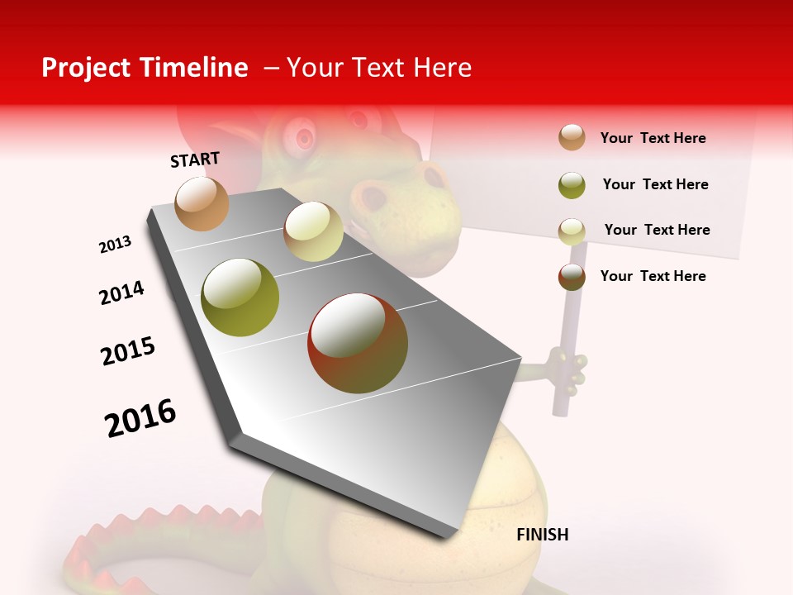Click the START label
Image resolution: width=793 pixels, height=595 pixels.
[195, 159]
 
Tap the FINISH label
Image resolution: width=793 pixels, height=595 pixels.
[542, 535]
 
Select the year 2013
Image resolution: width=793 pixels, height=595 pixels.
[115, 245]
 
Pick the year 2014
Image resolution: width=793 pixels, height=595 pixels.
[121, 293]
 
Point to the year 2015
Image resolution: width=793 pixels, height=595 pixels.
[128, 351]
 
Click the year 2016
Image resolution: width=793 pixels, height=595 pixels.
[140, 417]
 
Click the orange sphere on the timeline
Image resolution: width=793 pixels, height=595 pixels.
[202, 203]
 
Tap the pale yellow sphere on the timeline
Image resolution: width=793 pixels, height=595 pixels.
[313, 231]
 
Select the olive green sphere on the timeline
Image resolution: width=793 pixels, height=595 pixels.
[240, 297]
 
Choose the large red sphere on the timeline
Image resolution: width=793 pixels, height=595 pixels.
[358, 343]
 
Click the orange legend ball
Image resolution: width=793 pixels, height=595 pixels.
[572, 137]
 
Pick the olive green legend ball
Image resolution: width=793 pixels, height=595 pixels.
[572, 185]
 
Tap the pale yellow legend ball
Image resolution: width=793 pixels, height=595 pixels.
[572, 231]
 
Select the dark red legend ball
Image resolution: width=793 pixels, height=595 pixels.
[572, 277]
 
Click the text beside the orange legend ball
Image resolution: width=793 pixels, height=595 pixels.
[653, 138]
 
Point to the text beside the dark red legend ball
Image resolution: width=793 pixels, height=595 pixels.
[653, 276]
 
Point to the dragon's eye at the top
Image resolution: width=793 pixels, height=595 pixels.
[305, 134]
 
